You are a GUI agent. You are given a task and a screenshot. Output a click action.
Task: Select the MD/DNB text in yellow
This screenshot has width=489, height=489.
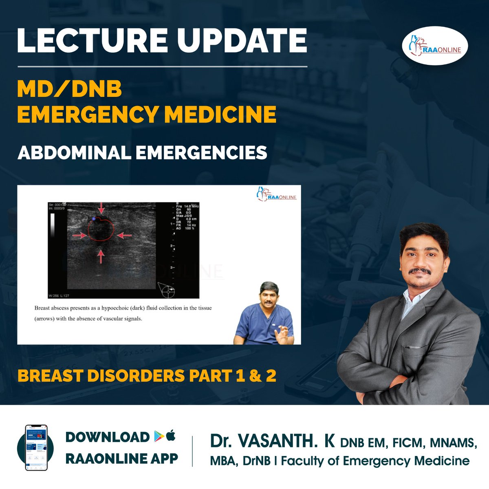pos(69,88)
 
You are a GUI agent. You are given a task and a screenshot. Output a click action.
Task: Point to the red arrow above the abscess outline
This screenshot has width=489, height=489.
pos(101,208)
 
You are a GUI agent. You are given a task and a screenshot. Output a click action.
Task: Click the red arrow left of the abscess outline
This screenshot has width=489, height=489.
pos(79,235)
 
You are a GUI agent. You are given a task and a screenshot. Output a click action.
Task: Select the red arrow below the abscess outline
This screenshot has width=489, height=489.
pos(101,257)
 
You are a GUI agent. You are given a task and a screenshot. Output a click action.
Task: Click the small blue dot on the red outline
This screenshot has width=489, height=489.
pos(94,219)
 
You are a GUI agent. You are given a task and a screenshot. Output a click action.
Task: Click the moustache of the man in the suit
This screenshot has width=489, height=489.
pos(420,271)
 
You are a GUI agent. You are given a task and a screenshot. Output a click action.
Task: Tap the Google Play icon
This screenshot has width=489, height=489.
pos(159,436)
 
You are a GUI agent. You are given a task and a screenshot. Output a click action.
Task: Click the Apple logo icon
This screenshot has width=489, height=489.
pos(171,436)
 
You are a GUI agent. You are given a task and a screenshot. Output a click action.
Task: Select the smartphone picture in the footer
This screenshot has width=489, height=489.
pos(36,447)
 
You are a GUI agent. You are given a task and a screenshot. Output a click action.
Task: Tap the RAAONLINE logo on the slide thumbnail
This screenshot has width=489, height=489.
pos(277,194)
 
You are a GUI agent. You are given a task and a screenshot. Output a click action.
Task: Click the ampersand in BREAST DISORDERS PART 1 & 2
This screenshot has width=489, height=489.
pos(255,376)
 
